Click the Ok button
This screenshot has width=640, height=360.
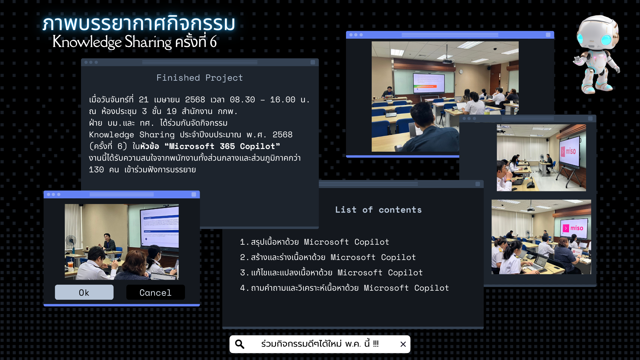point(84,292)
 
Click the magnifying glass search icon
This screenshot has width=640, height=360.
point(240,344)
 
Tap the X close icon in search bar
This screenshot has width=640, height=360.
point(403,344)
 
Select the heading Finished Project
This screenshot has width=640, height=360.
point(200,78)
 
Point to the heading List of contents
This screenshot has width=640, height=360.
point(378,210)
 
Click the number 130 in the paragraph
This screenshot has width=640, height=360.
point(96,170)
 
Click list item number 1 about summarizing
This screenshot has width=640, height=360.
point(315,242)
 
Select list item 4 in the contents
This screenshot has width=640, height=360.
point(344,288)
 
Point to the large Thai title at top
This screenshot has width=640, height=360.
point(139,23)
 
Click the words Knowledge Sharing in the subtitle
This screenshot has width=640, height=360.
point(112,42)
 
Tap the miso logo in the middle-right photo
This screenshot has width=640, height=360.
point(568,151)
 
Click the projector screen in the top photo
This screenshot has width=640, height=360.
point(429,83)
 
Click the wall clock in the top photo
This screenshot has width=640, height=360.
point(461,72)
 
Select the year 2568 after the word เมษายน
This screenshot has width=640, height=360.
point(195,100)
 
